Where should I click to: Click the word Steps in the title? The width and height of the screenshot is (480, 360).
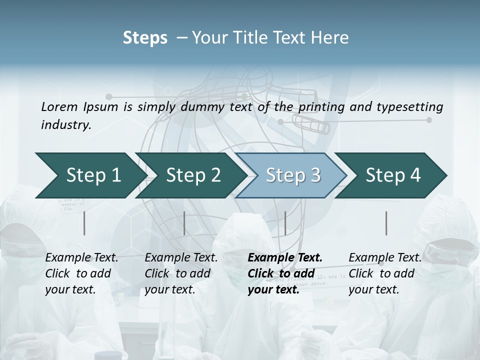pyautogui.click(x=145, y=38)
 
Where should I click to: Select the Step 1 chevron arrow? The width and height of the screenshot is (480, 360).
pyautogui.click(x=93, y=175)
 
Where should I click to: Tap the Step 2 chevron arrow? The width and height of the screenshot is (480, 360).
pyautogui.click(x=193, y=175)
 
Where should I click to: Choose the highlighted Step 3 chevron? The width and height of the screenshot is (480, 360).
pyautogui.click(x=293, y=175)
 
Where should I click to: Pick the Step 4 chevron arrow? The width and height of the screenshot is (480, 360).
pyautogui.click(x=393, y=175)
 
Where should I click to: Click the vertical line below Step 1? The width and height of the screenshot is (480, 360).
pyautogui.click(x=84, y=223)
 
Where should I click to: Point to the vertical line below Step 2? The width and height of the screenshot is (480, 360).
pyautogui.click(x=184, y=223)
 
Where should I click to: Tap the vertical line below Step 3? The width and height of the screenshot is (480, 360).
pyautogui.click(x=285, y=223)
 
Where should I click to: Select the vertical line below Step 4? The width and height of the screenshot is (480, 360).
pyautogui.click(x=386, y=223)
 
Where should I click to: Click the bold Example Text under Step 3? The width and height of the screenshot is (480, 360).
pyautogui.click(x=285, y=257)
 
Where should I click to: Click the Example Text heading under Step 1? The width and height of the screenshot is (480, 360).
pyautogui.click(x=81, y=257)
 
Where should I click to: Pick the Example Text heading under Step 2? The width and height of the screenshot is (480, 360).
pyautogui.click(x=181, y=257)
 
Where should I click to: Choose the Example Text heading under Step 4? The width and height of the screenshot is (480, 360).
pyautogui.click(x=385, y=257)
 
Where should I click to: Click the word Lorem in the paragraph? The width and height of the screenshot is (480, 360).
pyautogui.click(x=59, y=106)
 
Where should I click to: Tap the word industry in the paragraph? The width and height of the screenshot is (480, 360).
pyautogui.click(x=65, y=124)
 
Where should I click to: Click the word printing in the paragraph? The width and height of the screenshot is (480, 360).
pyautogui.click(x=322, y=106)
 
